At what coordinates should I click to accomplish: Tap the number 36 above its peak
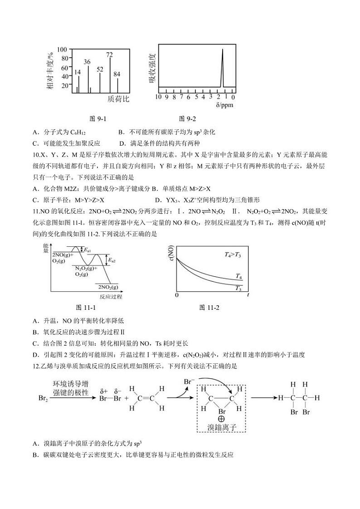[x=87, y=62]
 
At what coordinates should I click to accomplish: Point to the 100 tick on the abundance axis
[x=63, y=49]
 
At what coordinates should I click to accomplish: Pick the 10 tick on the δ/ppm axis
[x=159, y=97]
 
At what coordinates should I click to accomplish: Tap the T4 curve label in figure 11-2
[x=238, y=276]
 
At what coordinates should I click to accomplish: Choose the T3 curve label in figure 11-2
[x=238, y=288]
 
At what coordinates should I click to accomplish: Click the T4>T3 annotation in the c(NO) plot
[x=233, y=254]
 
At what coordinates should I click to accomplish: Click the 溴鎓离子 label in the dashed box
[x=222, y=427]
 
